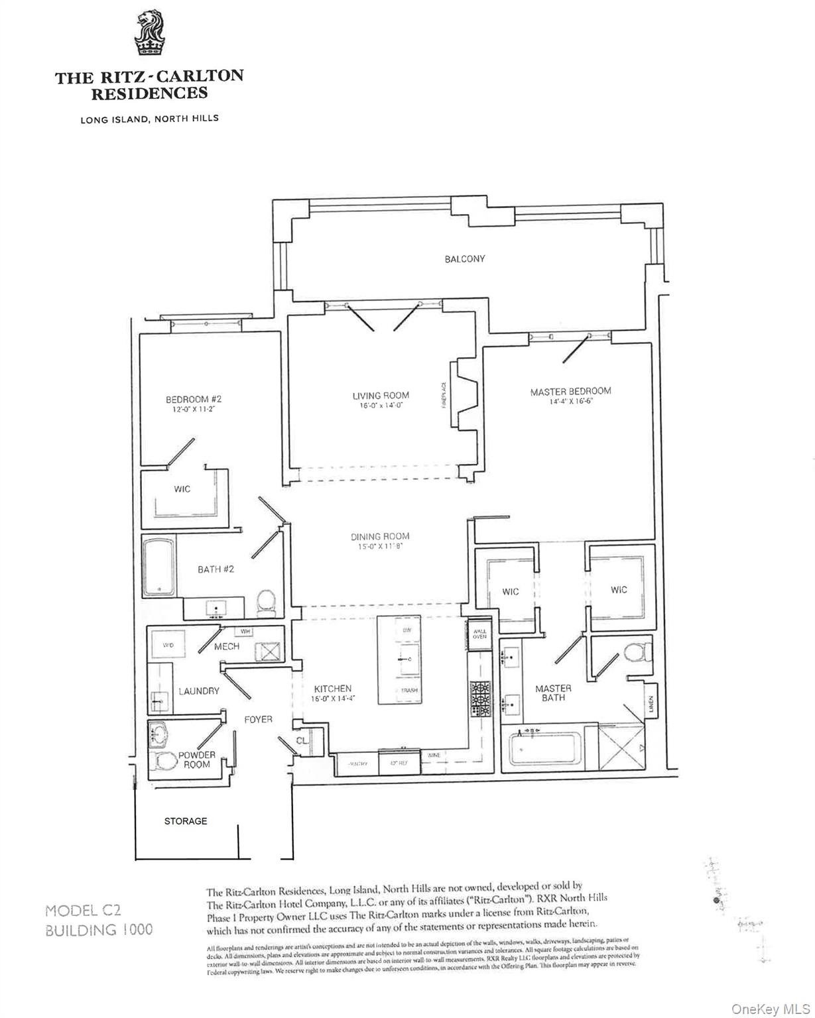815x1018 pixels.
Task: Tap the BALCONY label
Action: tap(464, 259)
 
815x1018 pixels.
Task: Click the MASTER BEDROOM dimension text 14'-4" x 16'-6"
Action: tap(570, 402)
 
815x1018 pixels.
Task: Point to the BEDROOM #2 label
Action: tap(193, 399)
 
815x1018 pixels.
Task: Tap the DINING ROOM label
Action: tap(380, 536)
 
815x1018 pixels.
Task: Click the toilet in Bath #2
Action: tap(267, 601)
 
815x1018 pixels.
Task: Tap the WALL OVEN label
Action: tap(479, 633)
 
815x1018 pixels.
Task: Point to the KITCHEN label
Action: tap(332, 689)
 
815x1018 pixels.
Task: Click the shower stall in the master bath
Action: tap(623, 746)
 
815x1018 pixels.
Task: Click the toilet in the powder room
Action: tap(161, 762)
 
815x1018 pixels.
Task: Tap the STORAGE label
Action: tap(186, 821)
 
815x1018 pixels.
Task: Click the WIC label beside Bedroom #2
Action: tap(182, 489)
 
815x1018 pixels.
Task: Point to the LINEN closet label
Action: tap(651, 704)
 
